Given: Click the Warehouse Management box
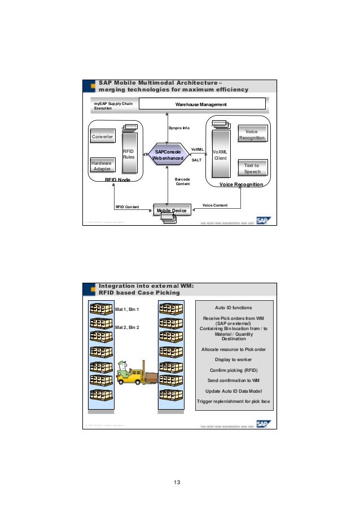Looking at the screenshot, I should tap(200, 104).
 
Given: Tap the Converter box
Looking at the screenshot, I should tap(102, 137).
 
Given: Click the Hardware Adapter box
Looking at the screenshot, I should tap(102, 165).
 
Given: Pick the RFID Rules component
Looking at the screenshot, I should tap(129, 153).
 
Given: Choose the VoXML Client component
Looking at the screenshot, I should tap(220, 154).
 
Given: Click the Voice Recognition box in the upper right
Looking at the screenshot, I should tap(252, 134).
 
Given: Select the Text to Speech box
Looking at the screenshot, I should tap(252, 168).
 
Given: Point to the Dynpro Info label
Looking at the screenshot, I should tap(179, 128).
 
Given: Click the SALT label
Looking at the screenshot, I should tap(196, 160).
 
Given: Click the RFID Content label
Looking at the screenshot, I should tap(127, 207).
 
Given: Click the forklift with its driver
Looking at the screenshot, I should tap(135, 374).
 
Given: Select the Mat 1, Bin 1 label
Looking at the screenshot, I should tap(127, 309).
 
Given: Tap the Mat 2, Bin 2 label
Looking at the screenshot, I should tap(127, 327).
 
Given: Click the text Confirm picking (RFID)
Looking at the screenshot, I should tap(233, 370).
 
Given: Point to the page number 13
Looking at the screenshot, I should tap(178, 481).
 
